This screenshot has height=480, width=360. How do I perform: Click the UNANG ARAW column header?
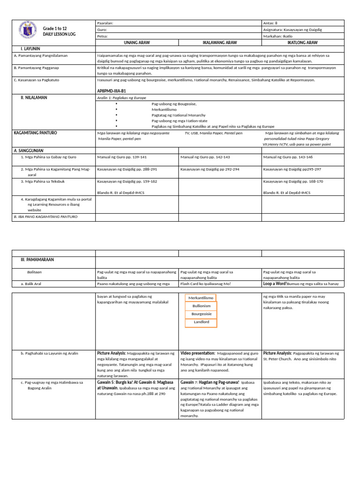click(137, 42)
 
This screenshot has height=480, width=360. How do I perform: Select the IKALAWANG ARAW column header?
click(219, 42)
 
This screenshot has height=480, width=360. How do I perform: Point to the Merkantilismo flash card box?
click(201, 298)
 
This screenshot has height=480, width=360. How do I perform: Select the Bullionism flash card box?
click(201, 306)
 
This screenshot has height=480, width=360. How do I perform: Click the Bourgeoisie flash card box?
click(201, 314)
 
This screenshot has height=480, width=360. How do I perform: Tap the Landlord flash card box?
click(201, 322)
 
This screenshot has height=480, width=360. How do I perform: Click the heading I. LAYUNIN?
click(30, 48)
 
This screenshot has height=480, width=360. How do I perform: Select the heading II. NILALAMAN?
click(33, 97)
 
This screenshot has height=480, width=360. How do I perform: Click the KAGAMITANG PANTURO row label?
click(35, 133)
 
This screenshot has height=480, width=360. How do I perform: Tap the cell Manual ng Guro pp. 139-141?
click(122, 157)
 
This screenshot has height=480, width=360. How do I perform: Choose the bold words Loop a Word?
click(274, 284)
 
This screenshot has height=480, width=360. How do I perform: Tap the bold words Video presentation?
click(197, 353)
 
